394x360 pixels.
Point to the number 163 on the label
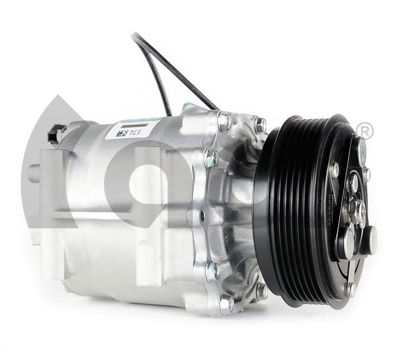tap(136, 133)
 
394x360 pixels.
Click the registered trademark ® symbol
tap(366, 131)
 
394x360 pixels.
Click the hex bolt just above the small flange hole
tap(211, 160)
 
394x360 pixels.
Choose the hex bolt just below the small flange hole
tap(211, 271)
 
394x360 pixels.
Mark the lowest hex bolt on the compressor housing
tap(226, 303)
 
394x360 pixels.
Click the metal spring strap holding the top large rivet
tap(355, 166)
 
